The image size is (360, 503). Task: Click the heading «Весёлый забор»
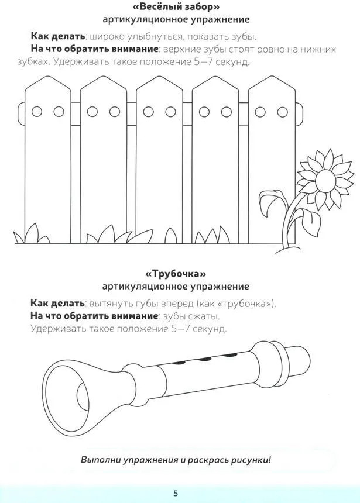click(x=176, y=6)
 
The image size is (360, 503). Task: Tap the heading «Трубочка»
click(x=176, y=274)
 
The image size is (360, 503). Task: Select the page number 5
click(x=176, y=493)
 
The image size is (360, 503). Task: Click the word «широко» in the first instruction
click(x=107, y=37)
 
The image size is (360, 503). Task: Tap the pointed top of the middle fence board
click(x=160, y=77)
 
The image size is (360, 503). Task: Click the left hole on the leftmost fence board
click(x=37, y=111)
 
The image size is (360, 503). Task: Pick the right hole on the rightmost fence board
click(x=282, y=112)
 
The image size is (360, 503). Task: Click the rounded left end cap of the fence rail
click(x=21, y=113)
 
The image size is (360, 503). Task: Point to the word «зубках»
click(x=34, y=61)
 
